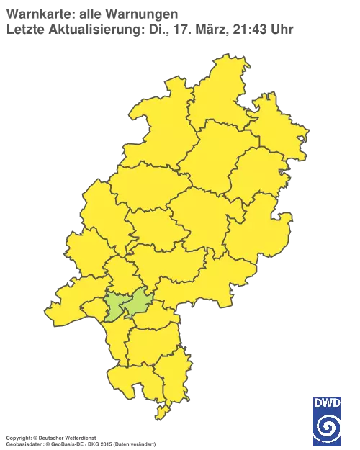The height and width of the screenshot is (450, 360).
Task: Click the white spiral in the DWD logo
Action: [x=327, y=426]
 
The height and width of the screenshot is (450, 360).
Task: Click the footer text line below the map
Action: [x=79, y=437]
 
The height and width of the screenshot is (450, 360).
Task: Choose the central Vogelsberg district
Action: [x=202, y=216]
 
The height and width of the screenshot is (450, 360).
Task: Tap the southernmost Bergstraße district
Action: [x=133, y=378]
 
